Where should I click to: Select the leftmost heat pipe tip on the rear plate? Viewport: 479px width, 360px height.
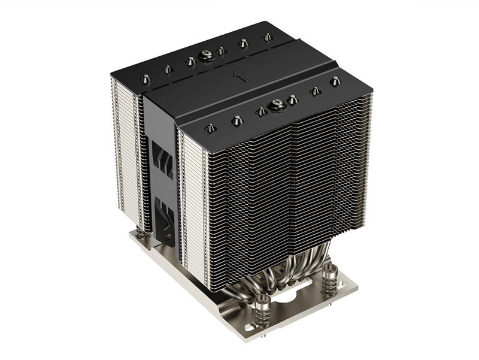pos(145,78)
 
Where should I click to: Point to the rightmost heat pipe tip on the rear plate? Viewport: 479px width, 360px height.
pos(266,37)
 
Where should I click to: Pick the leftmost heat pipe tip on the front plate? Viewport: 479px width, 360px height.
pos(210,128)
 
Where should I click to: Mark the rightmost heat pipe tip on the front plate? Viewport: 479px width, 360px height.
pos(335,81)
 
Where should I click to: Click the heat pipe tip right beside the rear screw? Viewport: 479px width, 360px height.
pos(222,52)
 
